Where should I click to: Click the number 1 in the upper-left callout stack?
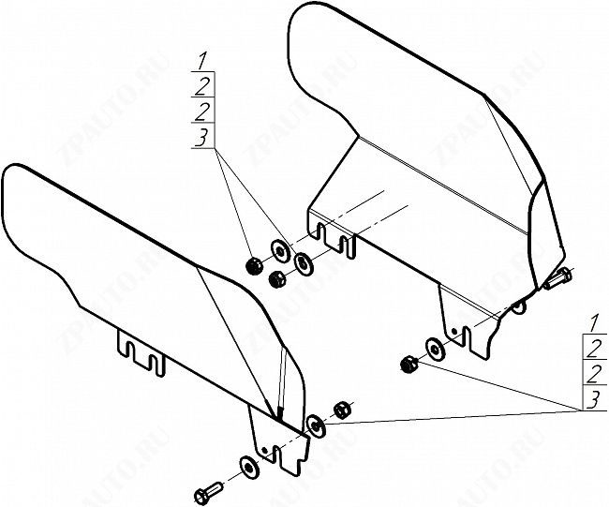202,63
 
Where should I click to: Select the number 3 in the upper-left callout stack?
201,139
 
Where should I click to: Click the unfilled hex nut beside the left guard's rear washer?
342,410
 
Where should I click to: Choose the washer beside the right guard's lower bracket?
436,349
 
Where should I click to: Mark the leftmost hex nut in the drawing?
253,266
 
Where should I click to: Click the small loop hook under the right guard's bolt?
518,306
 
